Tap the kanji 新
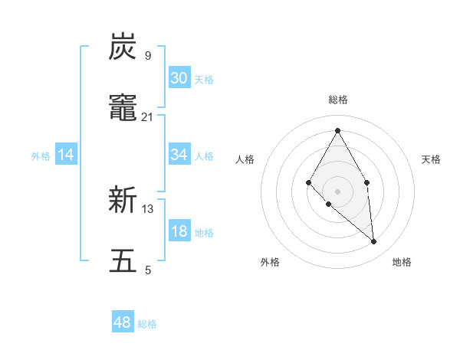coord(123,201)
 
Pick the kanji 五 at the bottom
coord(123,261)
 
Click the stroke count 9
coord(147,55)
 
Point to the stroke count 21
coord(147,116)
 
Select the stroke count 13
coord(148,208)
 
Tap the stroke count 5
coord(148,270)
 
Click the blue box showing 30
coord(179,78)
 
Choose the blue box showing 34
coord(179,155)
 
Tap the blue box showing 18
coord(179,232)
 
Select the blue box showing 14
coord(66,155)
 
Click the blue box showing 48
coord(123,323)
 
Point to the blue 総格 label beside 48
coord(147,324)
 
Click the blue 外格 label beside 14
coord(41,156)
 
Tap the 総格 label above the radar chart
coord(337,100)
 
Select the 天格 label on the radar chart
coord(431,159)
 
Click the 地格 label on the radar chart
coord(402,262)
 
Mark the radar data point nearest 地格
coord(373,242)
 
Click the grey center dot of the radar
coord(337,191)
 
